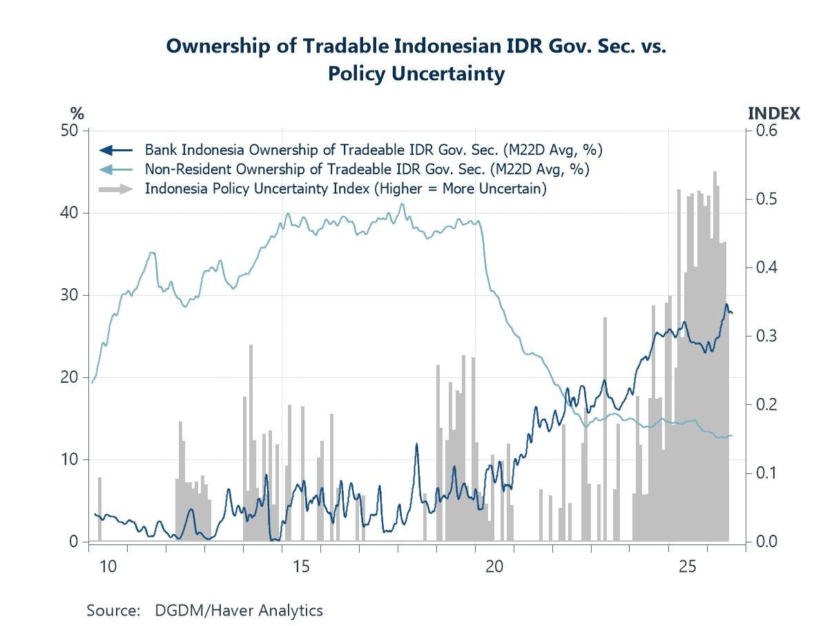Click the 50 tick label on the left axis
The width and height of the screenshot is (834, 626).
69,131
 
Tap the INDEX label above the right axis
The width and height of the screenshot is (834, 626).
774,113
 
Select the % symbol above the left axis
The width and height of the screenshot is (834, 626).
77,113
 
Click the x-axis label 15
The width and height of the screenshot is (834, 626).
301,567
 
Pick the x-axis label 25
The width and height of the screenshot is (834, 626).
688,567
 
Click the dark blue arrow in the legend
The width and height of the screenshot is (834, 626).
115,150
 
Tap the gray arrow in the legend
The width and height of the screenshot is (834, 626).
115,189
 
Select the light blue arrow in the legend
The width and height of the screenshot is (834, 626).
115,169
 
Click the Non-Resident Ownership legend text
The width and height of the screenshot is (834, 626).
367,169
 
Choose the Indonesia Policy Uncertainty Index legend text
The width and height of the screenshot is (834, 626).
345,189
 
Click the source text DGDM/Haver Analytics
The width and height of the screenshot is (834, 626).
239,610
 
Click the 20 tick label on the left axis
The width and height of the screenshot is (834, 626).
69,377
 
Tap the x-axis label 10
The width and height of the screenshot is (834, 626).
108,567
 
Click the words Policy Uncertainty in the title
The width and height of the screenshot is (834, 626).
416,73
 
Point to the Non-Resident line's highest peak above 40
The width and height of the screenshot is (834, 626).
402,204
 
